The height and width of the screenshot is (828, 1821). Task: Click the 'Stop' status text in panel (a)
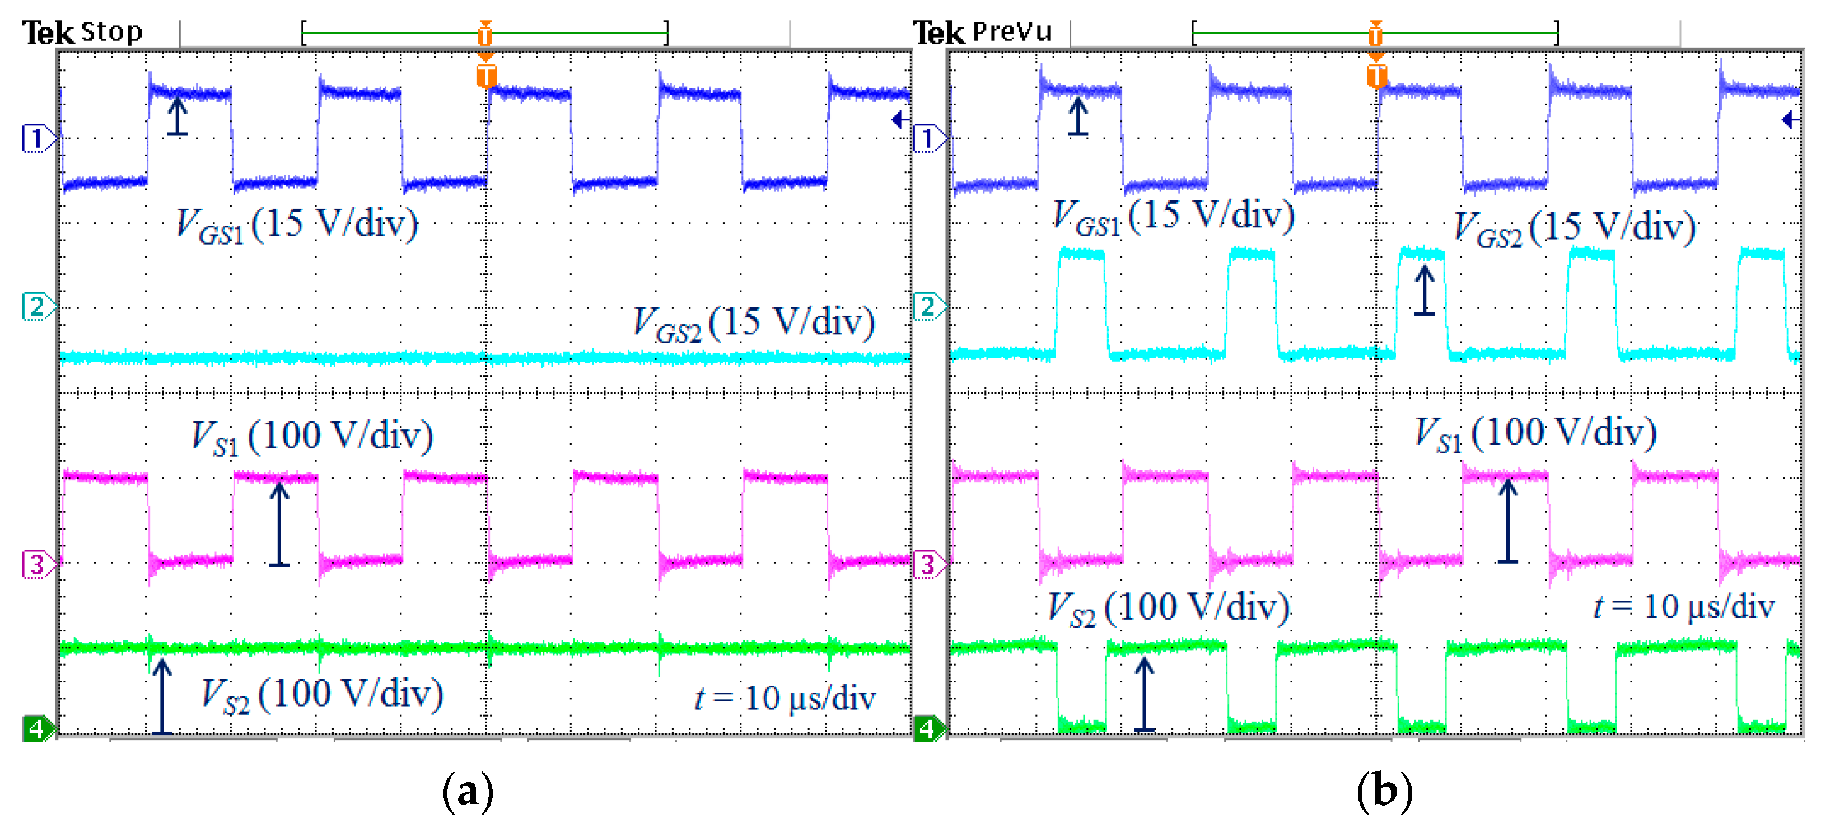[111, 32]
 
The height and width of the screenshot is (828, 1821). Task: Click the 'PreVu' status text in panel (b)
[1012, 32]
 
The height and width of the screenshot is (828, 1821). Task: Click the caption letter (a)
[467, 791]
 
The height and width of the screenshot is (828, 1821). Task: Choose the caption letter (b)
[1384, 791]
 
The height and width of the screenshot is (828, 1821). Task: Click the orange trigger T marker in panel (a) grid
[485, 76]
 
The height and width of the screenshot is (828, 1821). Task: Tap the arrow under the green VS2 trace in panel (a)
[162, 696]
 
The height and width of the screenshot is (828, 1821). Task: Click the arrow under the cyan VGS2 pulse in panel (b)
[1425, 289]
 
